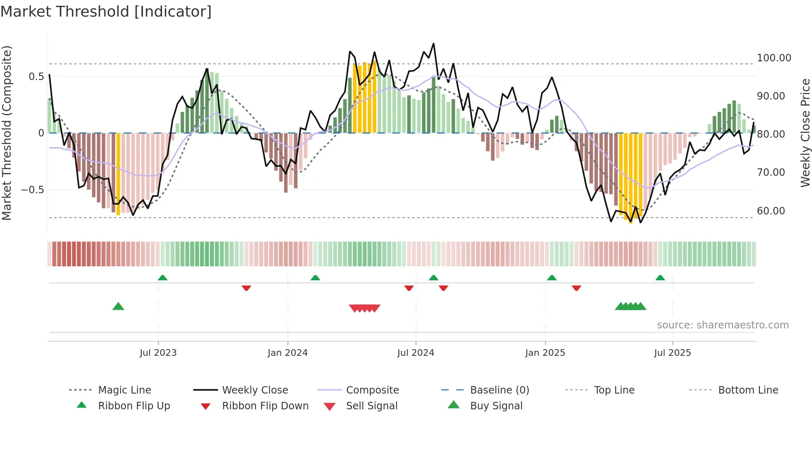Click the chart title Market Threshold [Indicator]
tap(106, 12)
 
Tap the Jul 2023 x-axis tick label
tap(158, 353)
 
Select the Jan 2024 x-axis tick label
tap(288, 353)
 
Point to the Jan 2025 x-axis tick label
tap(545, 353)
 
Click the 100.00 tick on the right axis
tap(774, 58)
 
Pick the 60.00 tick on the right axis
tap(771, 211)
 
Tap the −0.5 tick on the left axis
tap(33, 190)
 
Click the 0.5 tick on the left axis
tap(36, 77)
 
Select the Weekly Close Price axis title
tap(805, 133)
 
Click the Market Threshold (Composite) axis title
tap(7, 133)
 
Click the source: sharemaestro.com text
tap(723, 325)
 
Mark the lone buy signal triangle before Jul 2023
tap(118, 306)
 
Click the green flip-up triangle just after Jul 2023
tap(162, 277)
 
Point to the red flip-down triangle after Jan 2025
tap(576, 288)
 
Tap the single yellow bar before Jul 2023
tap(118, 174)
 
